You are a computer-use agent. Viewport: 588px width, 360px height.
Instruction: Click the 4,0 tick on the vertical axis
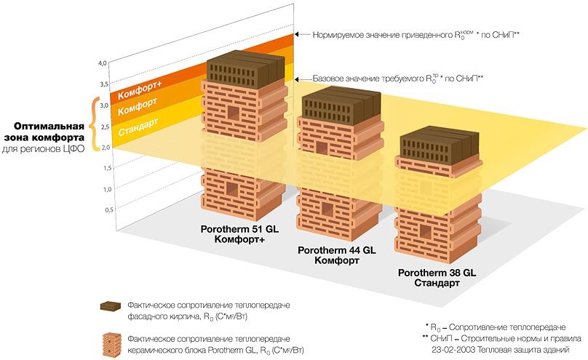tap(103, 63)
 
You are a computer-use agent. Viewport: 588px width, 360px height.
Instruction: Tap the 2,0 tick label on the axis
tap(105, 148)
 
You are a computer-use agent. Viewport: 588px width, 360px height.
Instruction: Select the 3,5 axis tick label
tap(103, 84)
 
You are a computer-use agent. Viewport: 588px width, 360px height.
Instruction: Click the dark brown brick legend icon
tap(111, 306)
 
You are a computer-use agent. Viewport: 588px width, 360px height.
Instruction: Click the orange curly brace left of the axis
tap(92, 124)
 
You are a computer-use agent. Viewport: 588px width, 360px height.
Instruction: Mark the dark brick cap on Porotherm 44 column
tap(338, 103)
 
